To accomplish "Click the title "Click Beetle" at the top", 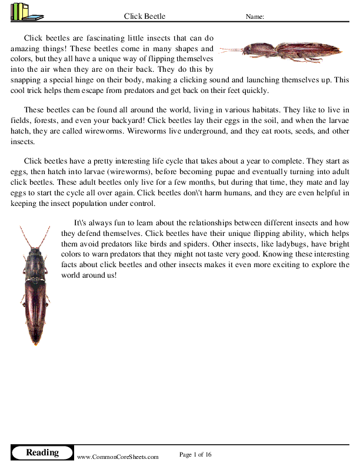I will pos(145,16).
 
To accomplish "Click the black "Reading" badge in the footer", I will pos(42,452).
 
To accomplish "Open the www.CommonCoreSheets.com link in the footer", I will pos(118,457).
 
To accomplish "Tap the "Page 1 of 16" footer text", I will pos(195,454).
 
